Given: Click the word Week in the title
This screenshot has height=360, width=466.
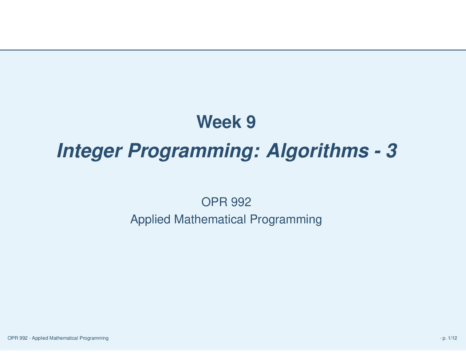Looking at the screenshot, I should (x=218, y=122).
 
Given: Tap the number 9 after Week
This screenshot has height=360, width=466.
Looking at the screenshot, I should (x=251, y=122).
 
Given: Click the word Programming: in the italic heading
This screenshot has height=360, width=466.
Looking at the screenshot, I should (x=193, y=151).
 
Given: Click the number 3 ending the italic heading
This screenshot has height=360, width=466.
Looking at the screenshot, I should (x=391, y=151).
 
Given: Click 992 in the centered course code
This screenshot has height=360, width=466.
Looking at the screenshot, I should (x=241, y=202).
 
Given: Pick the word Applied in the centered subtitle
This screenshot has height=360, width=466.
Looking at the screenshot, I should (x=150, y=219).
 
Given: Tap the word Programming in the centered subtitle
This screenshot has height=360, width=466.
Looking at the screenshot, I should (x=285, y=219).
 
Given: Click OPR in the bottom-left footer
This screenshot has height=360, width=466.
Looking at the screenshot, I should (x=12, y=338).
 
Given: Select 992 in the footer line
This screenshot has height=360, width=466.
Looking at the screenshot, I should (x=23, y=338).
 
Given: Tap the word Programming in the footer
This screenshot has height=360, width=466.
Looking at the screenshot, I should (x=94, y=338).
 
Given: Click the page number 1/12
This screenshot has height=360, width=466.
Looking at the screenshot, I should (x=453, y=338).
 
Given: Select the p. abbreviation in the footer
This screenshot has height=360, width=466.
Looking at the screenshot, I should (x=445, y=339).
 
